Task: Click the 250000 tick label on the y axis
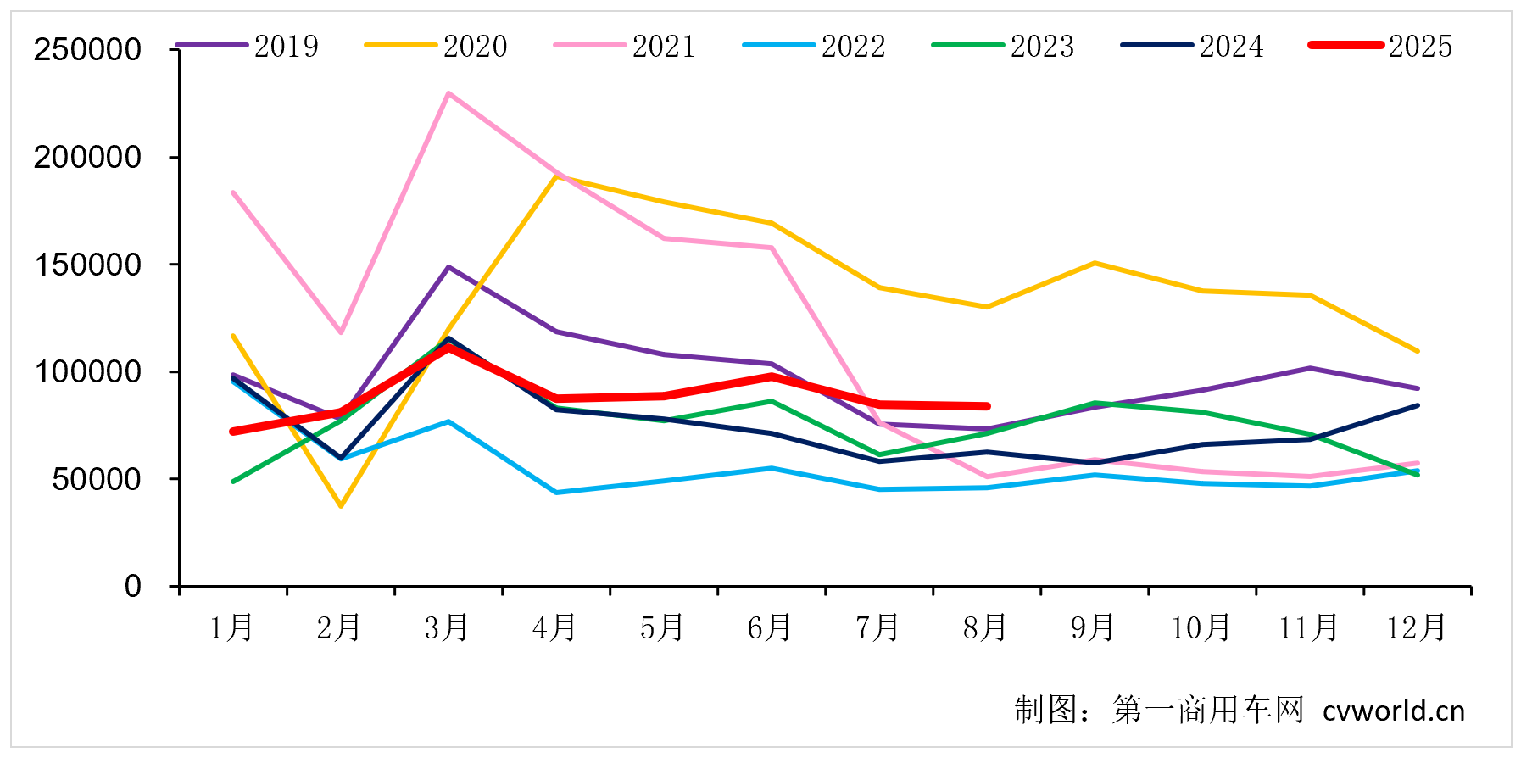(x=87, y=50)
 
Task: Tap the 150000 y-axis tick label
(x=87, y=265)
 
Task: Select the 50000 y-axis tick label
(x=97, y=479)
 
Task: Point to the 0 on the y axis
(x=132, y=586)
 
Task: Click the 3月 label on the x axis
(x=447, y=628)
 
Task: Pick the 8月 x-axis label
(x=985, y=628)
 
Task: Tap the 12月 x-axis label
(x=1416, y=628)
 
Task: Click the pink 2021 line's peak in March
(x=448, y=93)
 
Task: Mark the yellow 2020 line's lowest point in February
(x=341, y=506)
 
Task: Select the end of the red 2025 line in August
(x=987, y=406)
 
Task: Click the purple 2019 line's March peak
(x=448, y=267)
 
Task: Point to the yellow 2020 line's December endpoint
(x=1418, y=351)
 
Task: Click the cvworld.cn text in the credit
(x=1393, y=711)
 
